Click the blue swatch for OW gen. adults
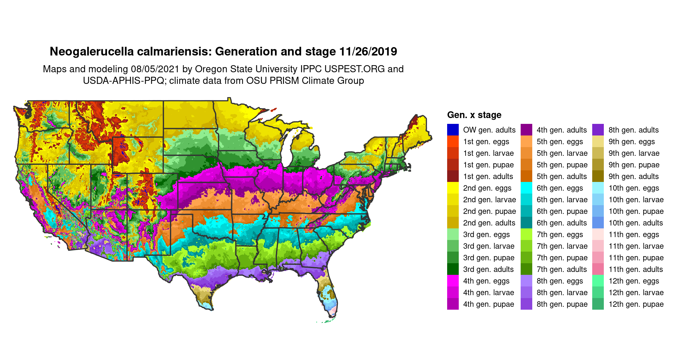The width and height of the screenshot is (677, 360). click(x=453, y=130)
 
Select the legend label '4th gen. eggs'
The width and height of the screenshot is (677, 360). click(x=486, y=281)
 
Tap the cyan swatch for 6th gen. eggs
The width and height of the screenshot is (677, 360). click(x=526, y=188)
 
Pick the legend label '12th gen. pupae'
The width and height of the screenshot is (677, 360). click(x=636, y=304)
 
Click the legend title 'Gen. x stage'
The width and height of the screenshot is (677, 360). click(x=474, y=115)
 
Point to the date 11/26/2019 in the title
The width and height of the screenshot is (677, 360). click(x=368, y=52)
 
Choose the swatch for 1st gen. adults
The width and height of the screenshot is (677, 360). click(x=453, y=176)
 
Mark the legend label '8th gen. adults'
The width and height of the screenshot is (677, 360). click(x=633, y=130)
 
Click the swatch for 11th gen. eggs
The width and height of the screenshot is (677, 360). click(x=598, y=234)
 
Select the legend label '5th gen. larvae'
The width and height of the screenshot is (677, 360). click(x=562, y=153)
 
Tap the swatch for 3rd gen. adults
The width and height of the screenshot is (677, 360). click(x=453, y=269)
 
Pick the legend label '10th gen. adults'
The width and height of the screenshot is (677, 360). click(x=635, y=223)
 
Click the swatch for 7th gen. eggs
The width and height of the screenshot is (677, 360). click(x=526, y=234)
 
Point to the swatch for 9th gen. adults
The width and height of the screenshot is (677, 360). click(x=598, y=176)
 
